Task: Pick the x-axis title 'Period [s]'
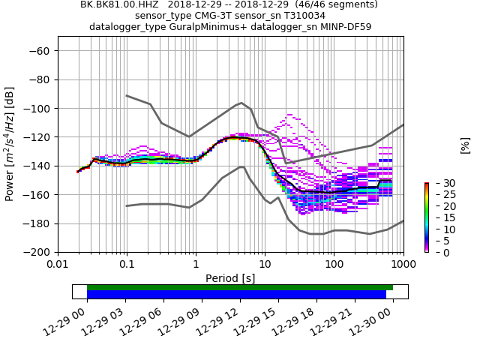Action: (x=230, y=278)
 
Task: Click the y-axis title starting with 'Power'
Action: (x=10, y=144)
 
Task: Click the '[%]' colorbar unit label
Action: (x=465, y=145)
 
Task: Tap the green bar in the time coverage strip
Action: (x=240, y=287)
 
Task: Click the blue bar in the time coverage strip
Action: (x=236, y=295)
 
